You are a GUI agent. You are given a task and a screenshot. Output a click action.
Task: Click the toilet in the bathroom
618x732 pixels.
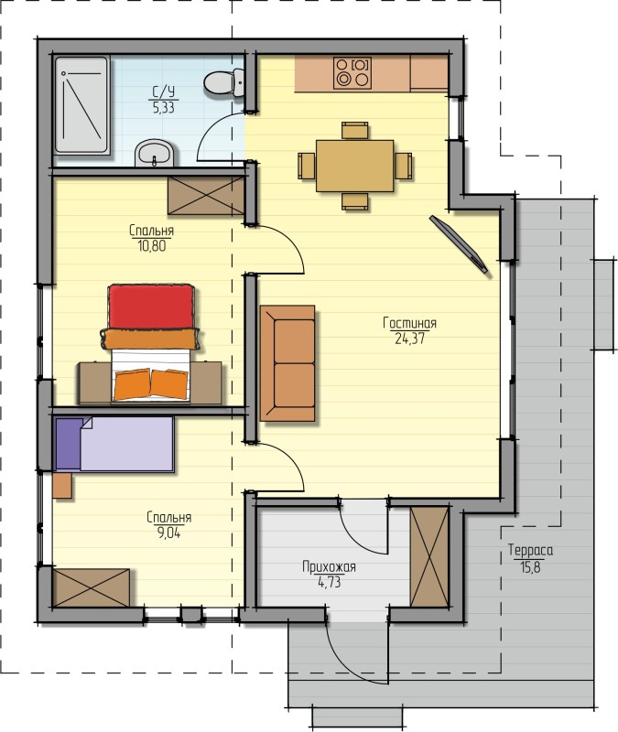pos(224,82)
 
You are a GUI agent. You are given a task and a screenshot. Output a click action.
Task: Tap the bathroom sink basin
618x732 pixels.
pos(155,153)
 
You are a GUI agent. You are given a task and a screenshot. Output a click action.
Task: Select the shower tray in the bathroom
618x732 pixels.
pos(81,105)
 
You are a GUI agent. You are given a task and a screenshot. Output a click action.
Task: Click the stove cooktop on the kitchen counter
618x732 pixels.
pos(352,73)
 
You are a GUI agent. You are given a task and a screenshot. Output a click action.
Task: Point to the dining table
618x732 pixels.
pos(354,166)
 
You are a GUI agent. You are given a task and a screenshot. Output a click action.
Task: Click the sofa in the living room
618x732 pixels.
pos(287,363)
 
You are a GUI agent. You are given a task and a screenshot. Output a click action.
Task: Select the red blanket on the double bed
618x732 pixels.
pos(151,307)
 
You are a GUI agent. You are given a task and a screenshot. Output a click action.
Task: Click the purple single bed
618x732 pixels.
pos(114,445)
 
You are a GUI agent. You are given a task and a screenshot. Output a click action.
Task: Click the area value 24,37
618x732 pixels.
pos(409,339)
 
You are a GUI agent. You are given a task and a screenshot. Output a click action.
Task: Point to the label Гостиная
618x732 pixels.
pos(409,323)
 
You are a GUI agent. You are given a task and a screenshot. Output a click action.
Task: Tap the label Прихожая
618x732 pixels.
pos(329,567)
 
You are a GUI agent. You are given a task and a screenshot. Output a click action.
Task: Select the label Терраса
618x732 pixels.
pos(531,551)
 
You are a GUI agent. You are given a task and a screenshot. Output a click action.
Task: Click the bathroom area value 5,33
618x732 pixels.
pos(163,108)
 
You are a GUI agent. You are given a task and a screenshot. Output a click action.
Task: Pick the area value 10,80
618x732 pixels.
pos(152,246)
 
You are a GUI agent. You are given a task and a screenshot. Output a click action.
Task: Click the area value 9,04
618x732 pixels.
pos(168,533)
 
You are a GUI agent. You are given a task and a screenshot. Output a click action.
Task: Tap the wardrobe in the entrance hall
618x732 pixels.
pos(429,556)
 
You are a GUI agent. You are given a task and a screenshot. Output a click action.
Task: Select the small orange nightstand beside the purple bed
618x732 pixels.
pos(62,486)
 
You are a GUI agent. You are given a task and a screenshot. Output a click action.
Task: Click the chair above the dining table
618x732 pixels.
pos(354,131)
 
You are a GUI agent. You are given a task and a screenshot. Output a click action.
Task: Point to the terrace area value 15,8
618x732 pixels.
pos(531,567)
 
